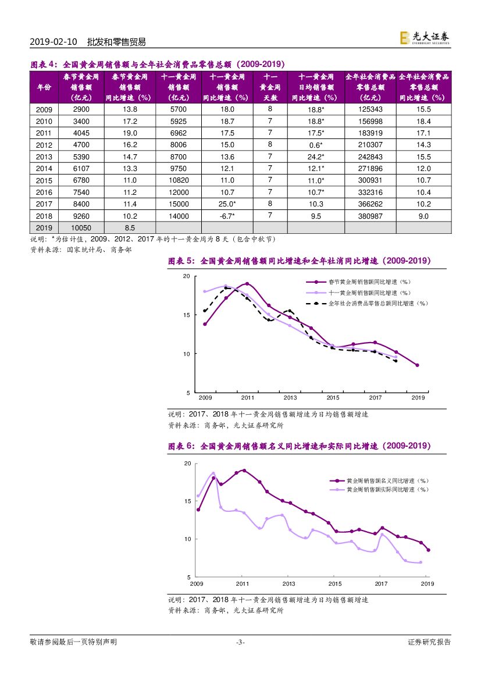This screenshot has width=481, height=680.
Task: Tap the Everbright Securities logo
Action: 424,38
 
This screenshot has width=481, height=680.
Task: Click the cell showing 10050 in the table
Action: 82,228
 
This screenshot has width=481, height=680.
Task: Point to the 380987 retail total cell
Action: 370,216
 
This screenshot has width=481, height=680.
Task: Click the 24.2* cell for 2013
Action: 316,157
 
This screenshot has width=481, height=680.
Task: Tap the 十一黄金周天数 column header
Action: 270,87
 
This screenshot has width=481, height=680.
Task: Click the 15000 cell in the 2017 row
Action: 179,204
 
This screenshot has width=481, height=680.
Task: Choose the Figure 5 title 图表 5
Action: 182,262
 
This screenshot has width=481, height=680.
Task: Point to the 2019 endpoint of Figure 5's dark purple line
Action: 418,365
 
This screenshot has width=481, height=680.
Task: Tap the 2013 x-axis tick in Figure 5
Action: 290,397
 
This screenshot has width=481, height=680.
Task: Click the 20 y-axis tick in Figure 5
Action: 187,276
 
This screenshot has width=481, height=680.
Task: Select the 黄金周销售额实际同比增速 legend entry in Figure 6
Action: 387,490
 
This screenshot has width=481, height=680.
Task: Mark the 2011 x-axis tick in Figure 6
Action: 243,583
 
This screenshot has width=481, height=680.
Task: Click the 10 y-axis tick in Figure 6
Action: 188,539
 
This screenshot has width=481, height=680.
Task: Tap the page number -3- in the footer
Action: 240,642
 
